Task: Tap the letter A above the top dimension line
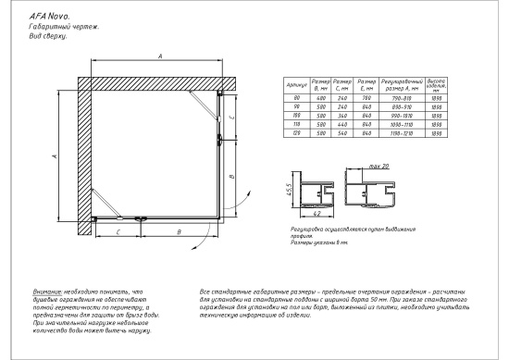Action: pyautogui.click(x=160, y=57)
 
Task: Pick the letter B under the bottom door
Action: pyautogui.click(x=178, y=231)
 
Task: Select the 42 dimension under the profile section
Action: pyautogui.click(x=317, y=221)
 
